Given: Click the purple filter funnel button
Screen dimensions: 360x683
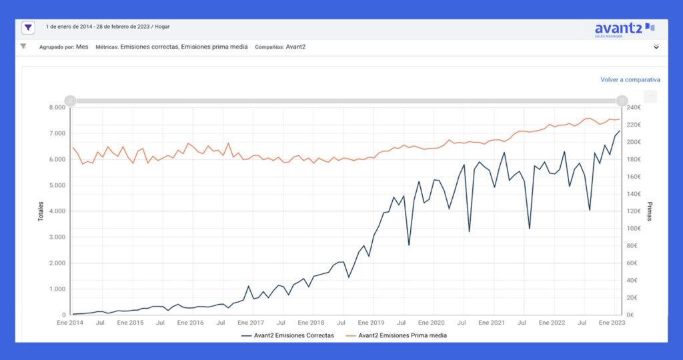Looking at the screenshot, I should [x=28, y=28].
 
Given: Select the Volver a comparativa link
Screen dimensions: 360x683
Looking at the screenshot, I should [x=630, y=79].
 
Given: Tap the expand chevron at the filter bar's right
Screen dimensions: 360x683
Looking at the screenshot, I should [x=656, y=47].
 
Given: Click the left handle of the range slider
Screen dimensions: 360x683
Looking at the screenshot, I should [x=70, y=101].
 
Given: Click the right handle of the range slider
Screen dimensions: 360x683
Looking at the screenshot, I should [x=622, y=101].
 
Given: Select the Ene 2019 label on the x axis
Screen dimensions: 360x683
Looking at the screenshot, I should [x=372, y=323].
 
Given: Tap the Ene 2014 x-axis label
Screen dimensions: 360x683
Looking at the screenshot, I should [x=70, y=323].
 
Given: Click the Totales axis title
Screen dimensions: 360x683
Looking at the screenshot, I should [x=41, y=211].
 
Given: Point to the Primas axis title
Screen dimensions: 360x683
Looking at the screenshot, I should [x=650, y=211].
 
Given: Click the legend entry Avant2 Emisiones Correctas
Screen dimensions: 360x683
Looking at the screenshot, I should [x=288, y=335].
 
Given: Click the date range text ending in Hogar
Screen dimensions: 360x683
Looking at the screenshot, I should [x=107, y=27].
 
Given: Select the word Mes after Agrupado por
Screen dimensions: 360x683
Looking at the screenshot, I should [x=82, y=47].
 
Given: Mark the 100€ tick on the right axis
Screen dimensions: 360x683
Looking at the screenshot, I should [x=636, y=229].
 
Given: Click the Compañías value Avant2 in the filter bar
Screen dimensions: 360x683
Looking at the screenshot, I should [x=295, y=47].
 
